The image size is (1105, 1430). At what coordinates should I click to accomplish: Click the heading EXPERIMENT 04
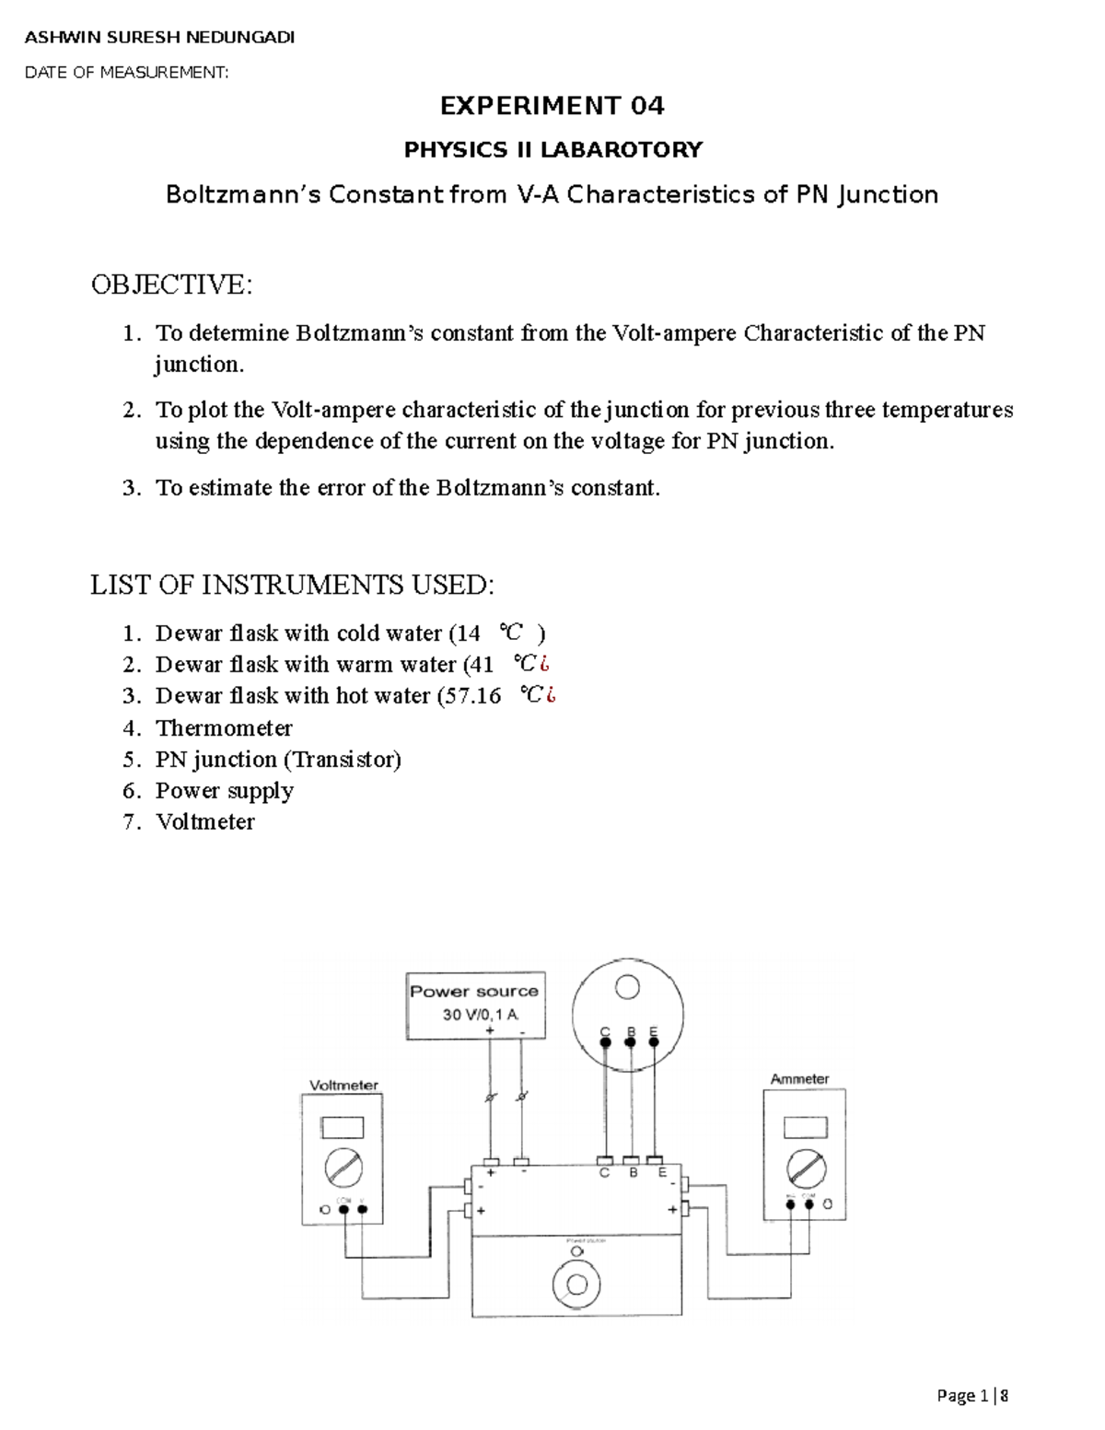click(552, 106)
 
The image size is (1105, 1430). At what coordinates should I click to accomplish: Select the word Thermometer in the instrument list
click(224, 728)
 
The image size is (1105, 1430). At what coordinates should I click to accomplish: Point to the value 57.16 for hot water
click(470, 696)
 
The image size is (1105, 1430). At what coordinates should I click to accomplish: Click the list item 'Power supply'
click(224, 791)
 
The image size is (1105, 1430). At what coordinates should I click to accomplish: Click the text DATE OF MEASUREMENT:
click(126, 73)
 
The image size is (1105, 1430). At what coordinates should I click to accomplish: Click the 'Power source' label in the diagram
click(474, 992)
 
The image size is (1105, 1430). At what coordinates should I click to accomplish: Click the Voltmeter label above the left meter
click(343, 1085)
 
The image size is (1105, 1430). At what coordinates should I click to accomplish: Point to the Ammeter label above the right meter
click(799, 1078)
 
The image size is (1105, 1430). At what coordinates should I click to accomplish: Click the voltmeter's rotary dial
click(343, 1168)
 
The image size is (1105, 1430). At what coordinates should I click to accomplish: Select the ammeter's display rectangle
click(805, 1127)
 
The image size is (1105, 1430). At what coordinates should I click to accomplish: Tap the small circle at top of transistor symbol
click(627, 988)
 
